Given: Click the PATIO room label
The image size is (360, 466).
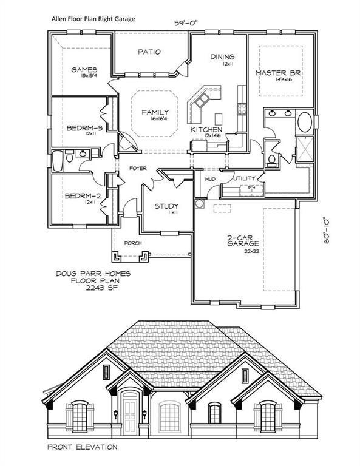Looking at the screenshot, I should [149, 52].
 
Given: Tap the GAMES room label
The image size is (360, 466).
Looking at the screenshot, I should [84, 70].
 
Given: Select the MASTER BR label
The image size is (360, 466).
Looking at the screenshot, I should [278, 73].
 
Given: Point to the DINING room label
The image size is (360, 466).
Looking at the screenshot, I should [222, 57].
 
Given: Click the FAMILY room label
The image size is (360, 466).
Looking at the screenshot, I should [155, 112].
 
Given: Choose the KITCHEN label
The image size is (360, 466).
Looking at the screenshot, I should [206, 130].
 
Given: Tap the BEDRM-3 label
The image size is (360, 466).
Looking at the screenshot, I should [84, 128].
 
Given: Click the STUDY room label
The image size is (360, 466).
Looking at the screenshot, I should [166, 206].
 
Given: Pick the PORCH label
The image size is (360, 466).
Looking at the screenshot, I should [133, 243].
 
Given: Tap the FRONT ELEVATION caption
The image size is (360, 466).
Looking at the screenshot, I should [82, 447].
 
